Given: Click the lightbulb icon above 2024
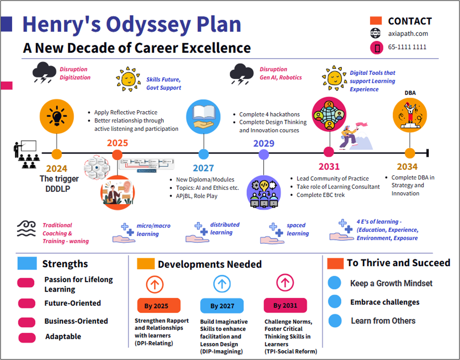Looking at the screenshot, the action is pos(56,116).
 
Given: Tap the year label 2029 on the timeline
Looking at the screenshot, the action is pos(264,143).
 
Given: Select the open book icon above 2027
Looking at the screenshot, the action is pos(203,117).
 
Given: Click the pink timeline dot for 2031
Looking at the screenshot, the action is pos(329,152).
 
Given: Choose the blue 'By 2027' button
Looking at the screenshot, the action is pos(222,306).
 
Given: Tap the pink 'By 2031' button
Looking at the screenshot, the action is pos(285,305).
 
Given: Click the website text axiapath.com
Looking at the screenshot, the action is pos(408,33).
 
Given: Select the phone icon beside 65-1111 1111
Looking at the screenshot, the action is pos(377,48).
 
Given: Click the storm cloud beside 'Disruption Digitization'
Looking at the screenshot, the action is pos(44,73).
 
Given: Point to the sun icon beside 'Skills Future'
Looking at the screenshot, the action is pos(128,79).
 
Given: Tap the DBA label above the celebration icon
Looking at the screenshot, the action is pos(410,93).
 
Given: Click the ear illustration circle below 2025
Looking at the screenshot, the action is pos(117,193).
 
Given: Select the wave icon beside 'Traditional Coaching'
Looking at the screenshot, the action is pos(26,229).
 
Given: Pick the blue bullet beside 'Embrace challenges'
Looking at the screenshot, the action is pos(335,302).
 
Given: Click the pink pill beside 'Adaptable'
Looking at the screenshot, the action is pos(27,337).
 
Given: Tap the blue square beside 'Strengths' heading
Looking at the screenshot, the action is pos(27,263).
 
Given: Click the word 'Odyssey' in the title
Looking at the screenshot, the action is pos(148,25).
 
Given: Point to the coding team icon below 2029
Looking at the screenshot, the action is pos(264,193).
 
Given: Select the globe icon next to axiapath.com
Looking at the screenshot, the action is pos(376,33).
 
